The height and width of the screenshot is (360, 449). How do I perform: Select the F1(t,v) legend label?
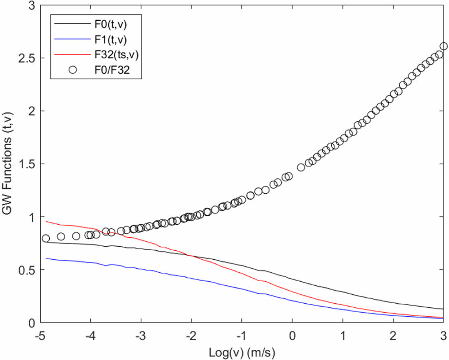click(115, 40)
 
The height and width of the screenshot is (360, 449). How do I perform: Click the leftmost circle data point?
click(46, 238)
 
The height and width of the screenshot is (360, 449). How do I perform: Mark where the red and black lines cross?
click(190, 255)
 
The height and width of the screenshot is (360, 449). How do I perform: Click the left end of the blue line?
click(46, 258)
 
